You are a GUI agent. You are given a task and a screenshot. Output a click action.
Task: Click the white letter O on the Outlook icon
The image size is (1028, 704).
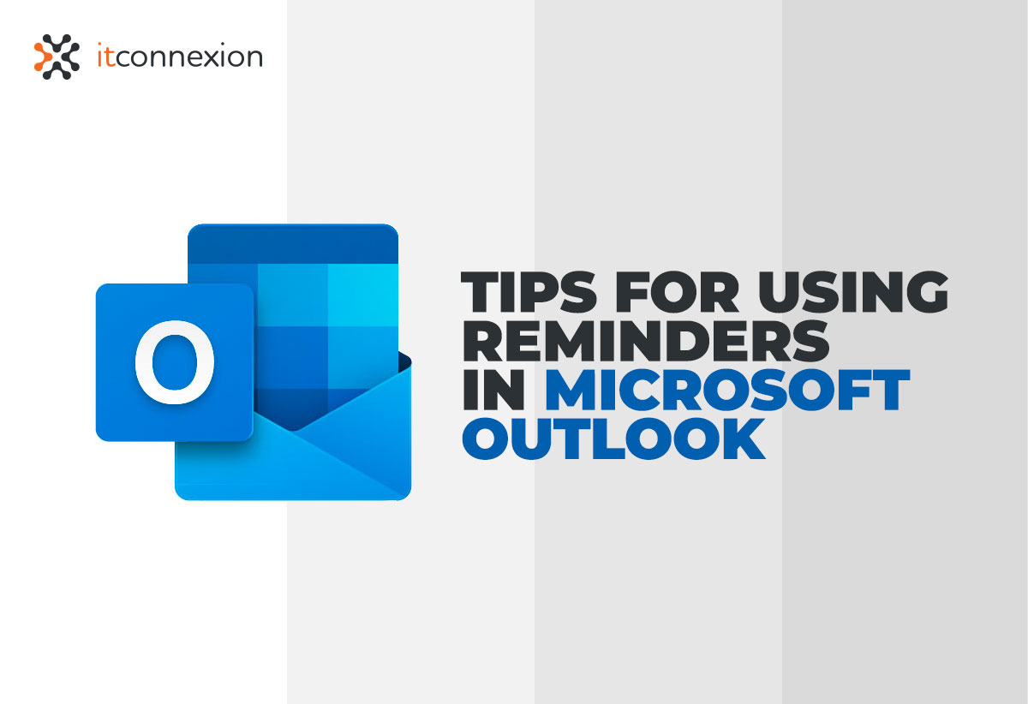(175, 361)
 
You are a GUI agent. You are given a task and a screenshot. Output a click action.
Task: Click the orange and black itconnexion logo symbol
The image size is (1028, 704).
(57, 57)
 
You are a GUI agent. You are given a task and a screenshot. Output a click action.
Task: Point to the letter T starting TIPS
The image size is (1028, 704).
(482, 293)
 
